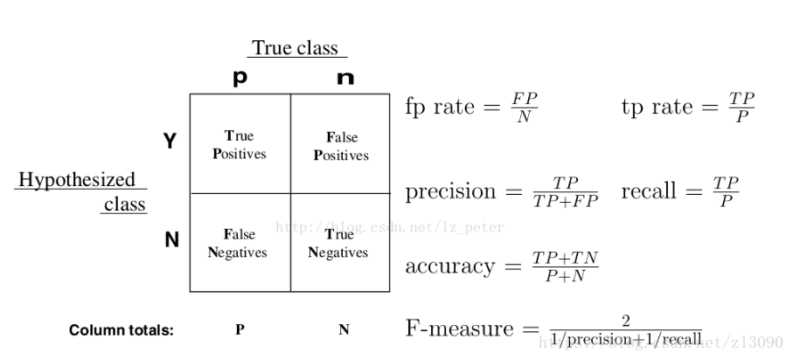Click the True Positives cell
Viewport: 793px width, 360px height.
[240, 144]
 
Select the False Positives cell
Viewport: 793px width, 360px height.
[341, 146]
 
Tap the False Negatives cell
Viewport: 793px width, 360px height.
[240, 243]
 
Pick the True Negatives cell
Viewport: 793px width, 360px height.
[339, 243]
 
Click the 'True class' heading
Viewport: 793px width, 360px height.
[294, 48]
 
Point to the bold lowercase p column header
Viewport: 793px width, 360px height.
[240, 78]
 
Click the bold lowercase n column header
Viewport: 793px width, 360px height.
[345, 78]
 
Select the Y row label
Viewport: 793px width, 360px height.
[170, 141]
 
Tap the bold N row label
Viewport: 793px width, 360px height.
[171, 239]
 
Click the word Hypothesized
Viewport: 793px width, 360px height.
[77, 179]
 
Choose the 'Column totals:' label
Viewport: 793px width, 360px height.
[122, 330]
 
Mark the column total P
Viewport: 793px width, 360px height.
[240, 330]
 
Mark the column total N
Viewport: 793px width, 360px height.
[344, 330]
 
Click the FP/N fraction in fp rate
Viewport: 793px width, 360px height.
[525, 107]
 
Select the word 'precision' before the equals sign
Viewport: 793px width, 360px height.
[450, 191]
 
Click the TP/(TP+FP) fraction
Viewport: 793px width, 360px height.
[565, 191]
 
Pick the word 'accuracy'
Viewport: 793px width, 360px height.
[449, 266]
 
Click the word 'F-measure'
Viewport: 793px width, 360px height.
[460, 329]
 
